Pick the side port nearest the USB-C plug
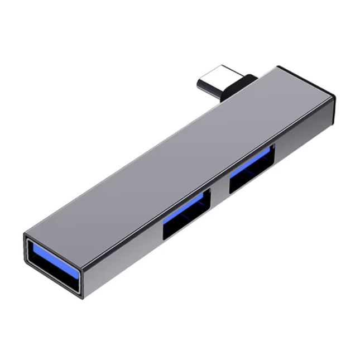[x=252, y=167]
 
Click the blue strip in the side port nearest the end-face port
[x=188, y=206]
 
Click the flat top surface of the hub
[x=167, y=162]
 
